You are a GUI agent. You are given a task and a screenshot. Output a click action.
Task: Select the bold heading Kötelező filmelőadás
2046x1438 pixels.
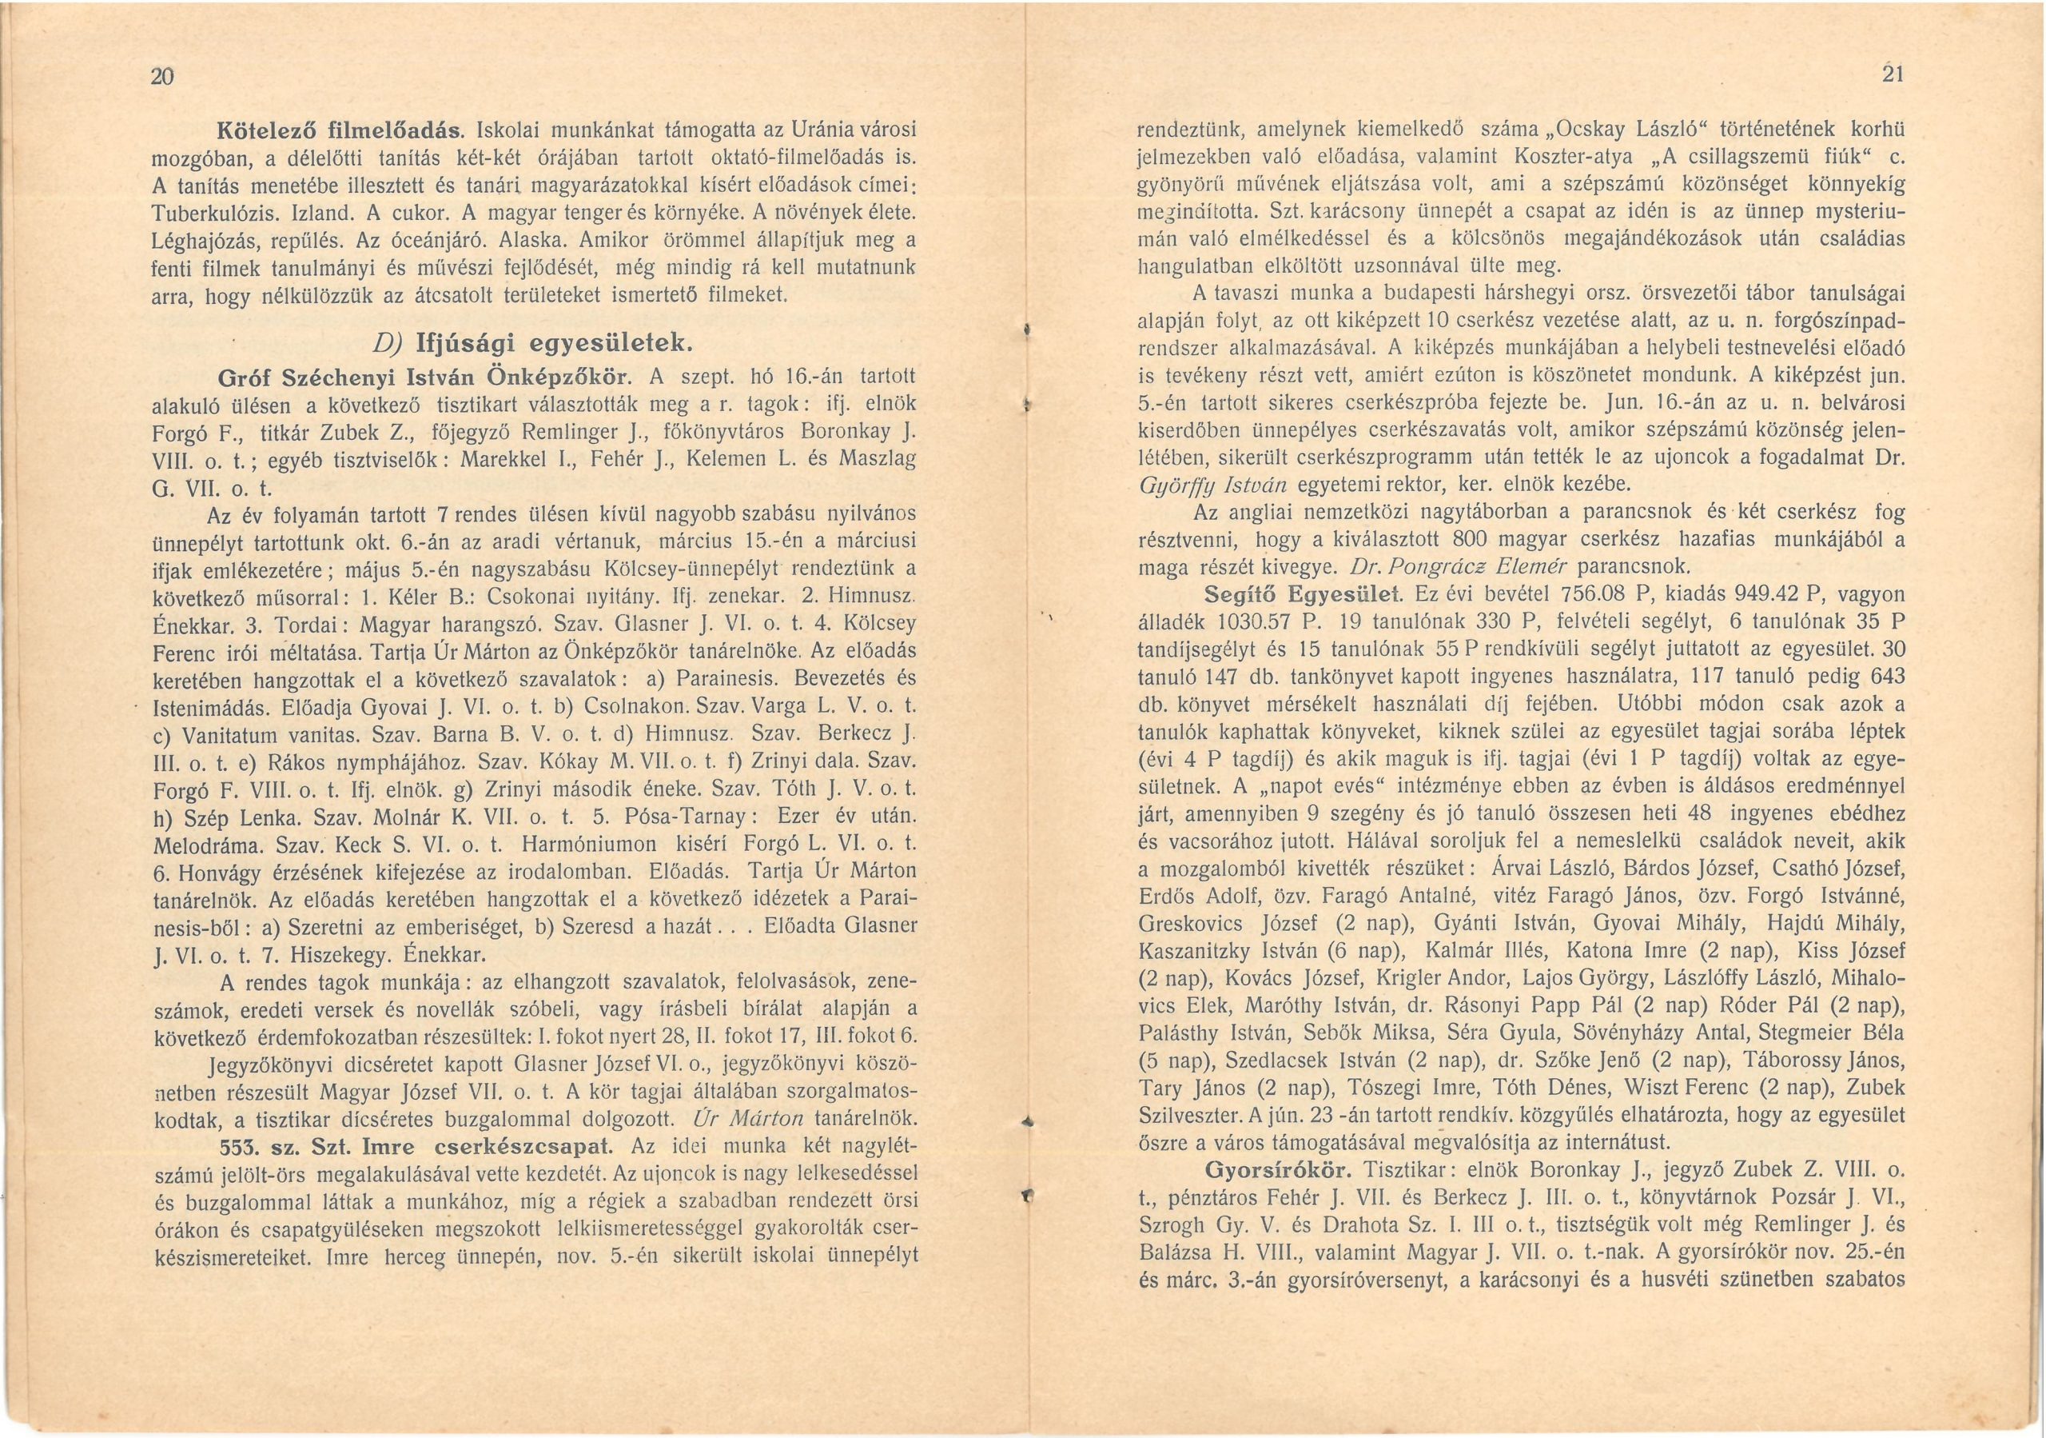[x=340, y=130]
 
